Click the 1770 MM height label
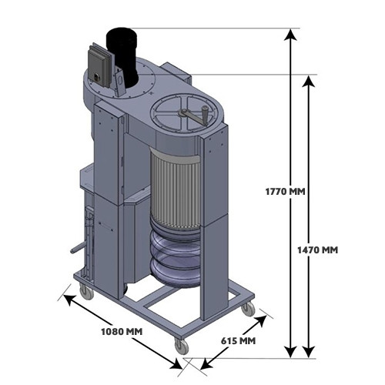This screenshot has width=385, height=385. [285, 192]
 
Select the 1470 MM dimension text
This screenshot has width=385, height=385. [317, 249]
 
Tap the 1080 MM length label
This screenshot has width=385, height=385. [122, 332]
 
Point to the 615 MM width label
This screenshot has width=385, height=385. [238, 341]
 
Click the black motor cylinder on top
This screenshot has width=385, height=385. [122, 55]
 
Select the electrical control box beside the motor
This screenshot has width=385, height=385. [98, 66]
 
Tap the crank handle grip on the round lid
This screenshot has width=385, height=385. [206, 112]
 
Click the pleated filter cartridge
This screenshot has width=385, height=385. [176, 191]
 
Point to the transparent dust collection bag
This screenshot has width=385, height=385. [175, 256]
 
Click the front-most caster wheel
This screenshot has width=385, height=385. [182, 345]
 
